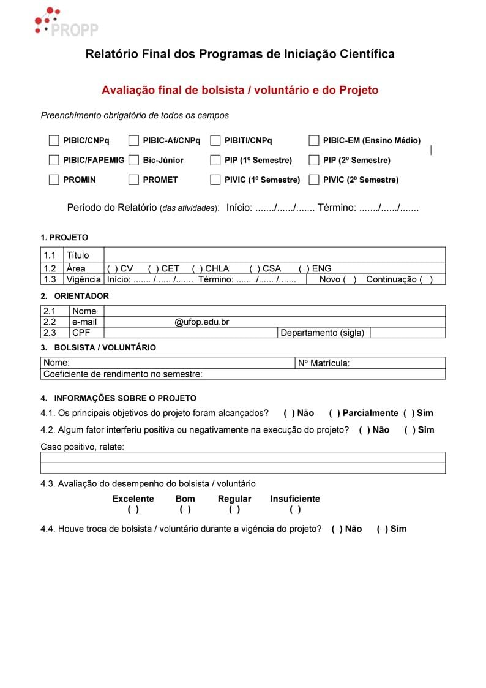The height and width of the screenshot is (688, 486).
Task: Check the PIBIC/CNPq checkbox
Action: tap(54, 141)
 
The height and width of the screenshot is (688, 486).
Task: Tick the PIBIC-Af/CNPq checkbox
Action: tap(133, 141)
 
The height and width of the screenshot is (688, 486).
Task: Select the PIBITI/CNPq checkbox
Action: tap(215, 141)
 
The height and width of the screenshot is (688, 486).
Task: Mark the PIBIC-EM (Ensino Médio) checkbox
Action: tap(313, 141)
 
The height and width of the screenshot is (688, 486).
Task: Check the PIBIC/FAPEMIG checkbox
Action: tap(54, 161)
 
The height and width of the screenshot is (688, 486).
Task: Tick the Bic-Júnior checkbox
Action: tap(133, 161)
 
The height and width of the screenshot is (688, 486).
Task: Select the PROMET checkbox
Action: tap(133, 180)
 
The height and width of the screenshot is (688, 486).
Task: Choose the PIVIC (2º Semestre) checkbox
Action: tap(313, 180)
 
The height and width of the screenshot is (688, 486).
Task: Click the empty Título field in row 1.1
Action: tap(274, 255)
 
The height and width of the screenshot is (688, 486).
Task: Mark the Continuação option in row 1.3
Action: tap(426, 280)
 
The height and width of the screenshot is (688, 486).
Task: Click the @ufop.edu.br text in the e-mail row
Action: tap(202, 322)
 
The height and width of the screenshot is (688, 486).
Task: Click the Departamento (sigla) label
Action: tap(322, 333)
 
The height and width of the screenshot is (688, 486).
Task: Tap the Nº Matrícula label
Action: tap(324, 363)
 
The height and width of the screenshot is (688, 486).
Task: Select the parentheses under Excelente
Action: tap(133, 510)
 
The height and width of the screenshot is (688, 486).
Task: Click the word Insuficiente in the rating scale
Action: tap(295, 499)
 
